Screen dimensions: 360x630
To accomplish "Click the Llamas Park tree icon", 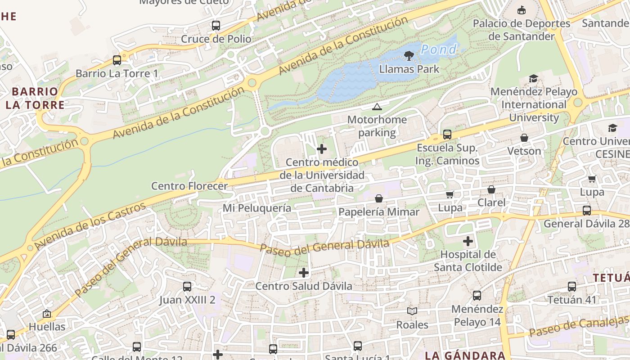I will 409,56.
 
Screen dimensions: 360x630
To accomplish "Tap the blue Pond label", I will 439,49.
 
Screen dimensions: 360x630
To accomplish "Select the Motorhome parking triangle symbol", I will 377,107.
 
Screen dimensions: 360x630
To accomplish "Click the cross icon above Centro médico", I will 322,149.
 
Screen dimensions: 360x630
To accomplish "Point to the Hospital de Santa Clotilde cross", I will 468,241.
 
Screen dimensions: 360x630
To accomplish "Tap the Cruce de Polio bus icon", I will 216,26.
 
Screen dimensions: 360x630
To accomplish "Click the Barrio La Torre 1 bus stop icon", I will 117,60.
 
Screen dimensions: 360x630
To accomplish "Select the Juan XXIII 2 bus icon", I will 187,287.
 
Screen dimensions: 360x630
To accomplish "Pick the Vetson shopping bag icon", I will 524,138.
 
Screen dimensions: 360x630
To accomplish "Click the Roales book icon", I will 412,311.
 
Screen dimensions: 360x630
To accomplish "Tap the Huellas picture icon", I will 47,314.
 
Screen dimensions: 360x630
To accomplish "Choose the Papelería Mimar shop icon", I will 379,198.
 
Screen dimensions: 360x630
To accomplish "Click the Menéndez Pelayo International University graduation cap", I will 533,79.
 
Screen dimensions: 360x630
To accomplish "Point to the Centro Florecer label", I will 189,186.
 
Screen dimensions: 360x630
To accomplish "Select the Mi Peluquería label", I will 257,208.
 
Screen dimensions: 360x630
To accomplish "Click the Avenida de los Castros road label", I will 90,226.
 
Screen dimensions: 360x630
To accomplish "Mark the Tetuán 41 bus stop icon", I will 572,287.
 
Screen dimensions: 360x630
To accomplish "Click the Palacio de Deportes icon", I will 522,10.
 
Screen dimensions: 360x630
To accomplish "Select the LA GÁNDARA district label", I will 465,355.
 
